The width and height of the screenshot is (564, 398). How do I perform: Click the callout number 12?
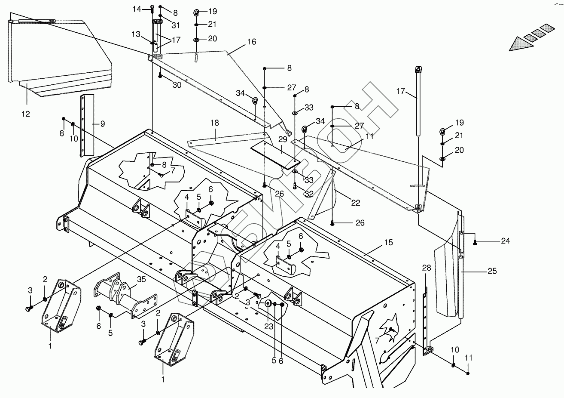(x=25, y=114)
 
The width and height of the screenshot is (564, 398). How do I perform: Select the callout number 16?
(x=252, y=42)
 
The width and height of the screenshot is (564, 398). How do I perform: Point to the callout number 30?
(x=177, y=85)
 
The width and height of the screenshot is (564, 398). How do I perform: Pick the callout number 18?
(x=214, y=123)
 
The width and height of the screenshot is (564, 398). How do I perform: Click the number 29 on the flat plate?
(x=282, y=139)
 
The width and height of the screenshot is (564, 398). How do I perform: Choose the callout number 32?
(x=309, y=194)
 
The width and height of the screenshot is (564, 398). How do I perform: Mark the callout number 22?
(x=355, y=203)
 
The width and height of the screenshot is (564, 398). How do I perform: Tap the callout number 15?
(x=388, y=243)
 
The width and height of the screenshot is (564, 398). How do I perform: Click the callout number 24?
(x=505, y=241)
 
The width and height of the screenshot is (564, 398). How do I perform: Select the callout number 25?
(x=492, y=271)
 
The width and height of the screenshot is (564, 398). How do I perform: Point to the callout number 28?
(x=426, y=268)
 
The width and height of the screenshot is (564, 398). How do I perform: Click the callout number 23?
(x=268, y=327)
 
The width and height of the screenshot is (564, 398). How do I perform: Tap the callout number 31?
(x=176, y=25)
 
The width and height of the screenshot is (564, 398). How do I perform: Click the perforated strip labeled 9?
(x=89, y=125)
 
